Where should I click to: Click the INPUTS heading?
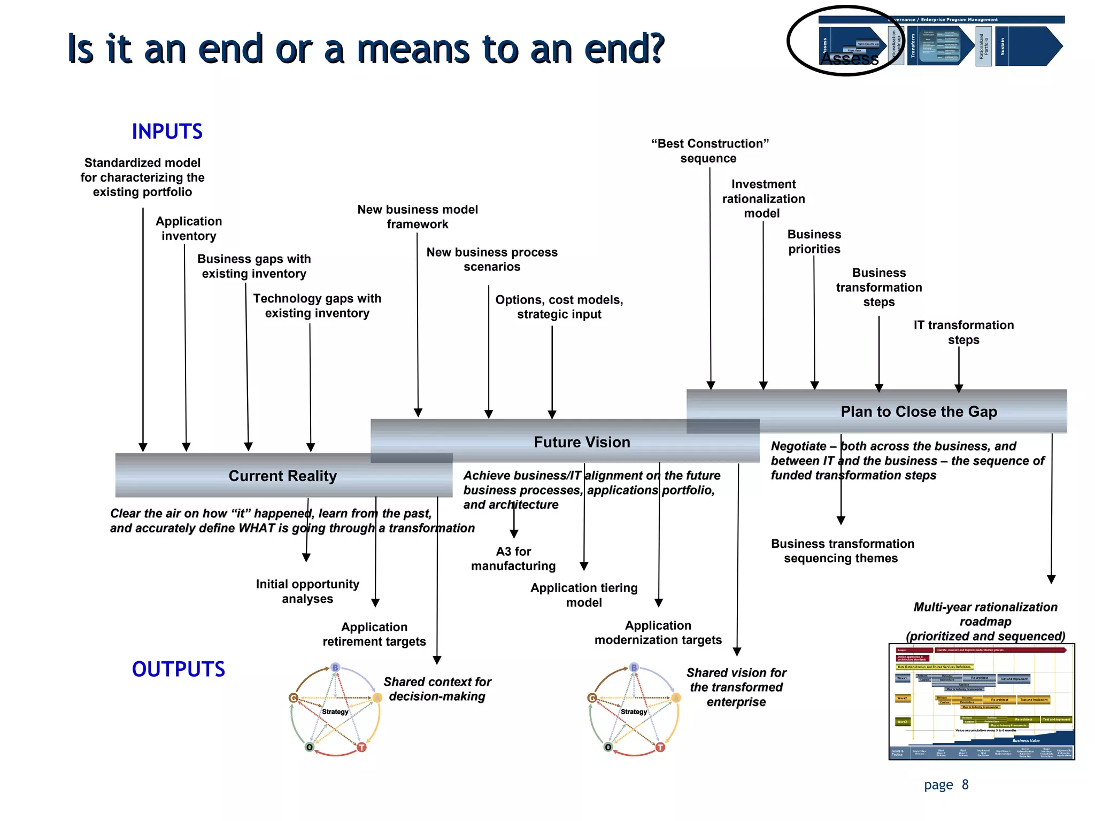(167, 131)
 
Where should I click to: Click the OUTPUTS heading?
(178, 669)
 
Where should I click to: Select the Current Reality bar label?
(282, 476)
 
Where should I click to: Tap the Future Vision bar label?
(582, 442)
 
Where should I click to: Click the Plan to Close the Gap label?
(919, 412)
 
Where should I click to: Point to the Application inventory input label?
(189, 228)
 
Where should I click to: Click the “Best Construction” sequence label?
(709, 151)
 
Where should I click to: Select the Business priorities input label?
(814, 242)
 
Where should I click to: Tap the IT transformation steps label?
(963, 332)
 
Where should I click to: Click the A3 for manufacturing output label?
(513, 559)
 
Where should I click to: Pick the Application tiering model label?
(584, 595)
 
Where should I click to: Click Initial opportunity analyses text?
(307, 591)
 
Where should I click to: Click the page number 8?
(965, 784)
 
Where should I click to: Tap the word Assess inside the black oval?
(849, 58)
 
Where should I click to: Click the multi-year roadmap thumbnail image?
(981, 701)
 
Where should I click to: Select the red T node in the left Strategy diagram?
(361, 747)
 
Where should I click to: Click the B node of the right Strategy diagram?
(634, 668)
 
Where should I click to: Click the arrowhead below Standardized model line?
(143, 447)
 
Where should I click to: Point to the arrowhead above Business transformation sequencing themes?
(841, 520)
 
